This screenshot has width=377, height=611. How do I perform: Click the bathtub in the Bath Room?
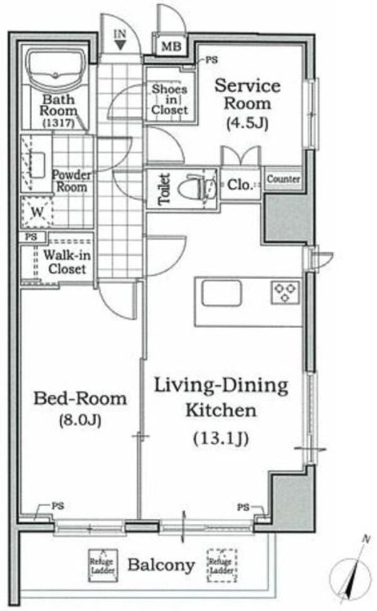click(57, 70)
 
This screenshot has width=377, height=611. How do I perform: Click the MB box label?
click(172, 46)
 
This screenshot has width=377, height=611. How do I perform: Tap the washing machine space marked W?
click(36, 213)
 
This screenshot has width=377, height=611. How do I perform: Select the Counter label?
click(283, 179)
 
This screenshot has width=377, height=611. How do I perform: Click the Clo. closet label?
click(240, 184)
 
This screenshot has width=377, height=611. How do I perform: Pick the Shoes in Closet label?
click(170, 99)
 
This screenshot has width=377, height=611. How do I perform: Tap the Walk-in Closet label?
click(67, 262)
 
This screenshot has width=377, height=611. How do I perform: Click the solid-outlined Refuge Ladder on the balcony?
click(102, 565)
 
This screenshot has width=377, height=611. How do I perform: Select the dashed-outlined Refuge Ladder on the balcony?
click(222, 565)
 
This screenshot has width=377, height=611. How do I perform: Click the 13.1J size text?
click(221, 438)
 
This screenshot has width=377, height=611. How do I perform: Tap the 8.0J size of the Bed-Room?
click(80, 420)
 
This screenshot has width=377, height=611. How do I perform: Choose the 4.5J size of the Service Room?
click(247, 123)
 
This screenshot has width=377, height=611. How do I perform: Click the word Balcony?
click(161, 565)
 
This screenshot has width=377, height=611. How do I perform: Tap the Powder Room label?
click(71, 181)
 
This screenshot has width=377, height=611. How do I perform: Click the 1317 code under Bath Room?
click(58, 123)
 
